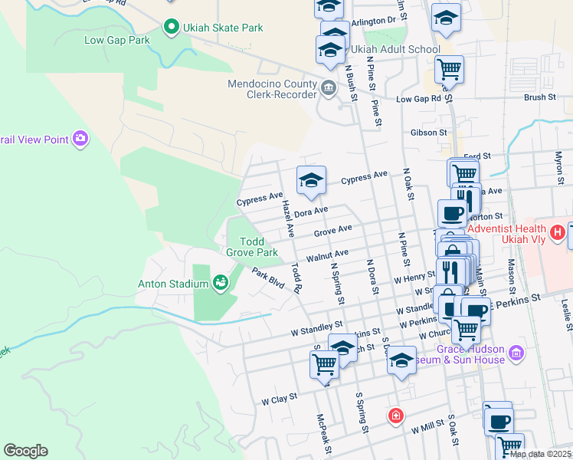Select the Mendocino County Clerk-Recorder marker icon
click(329, 87)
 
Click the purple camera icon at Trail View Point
click(80, 139)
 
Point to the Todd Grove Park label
click(251, 246)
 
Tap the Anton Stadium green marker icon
click(221, 284)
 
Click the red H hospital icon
click(558, 231)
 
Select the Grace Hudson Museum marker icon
click(516, 353)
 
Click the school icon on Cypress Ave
click(311, 181)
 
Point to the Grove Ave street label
click(332, 230)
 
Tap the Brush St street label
click(540, 97)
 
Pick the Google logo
click(25, 451)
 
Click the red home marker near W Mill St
click(395, 416)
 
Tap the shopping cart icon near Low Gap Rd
click(449, 69)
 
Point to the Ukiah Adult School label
click(395, 49)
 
